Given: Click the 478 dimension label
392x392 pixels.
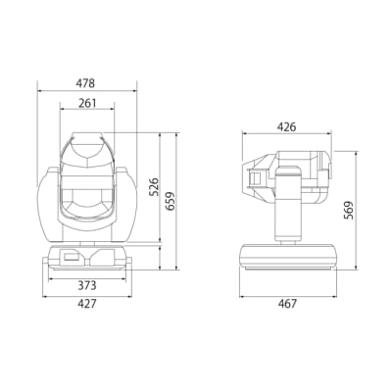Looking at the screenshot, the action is point(86,83).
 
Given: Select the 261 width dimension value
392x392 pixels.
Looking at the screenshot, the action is point(87,103).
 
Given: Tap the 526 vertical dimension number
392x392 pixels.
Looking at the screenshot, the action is point(154,186).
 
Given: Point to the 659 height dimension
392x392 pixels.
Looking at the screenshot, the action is point(171,202).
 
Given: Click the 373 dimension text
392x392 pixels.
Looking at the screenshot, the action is point(87,285).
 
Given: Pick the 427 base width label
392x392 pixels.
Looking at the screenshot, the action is point(87,304).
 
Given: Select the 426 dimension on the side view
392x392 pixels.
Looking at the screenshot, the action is point(286,126).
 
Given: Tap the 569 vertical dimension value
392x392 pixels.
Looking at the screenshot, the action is point(349,210).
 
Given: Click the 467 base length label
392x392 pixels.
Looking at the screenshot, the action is point(288,304).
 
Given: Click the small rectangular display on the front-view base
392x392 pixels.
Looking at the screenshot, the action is point(72,257).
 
